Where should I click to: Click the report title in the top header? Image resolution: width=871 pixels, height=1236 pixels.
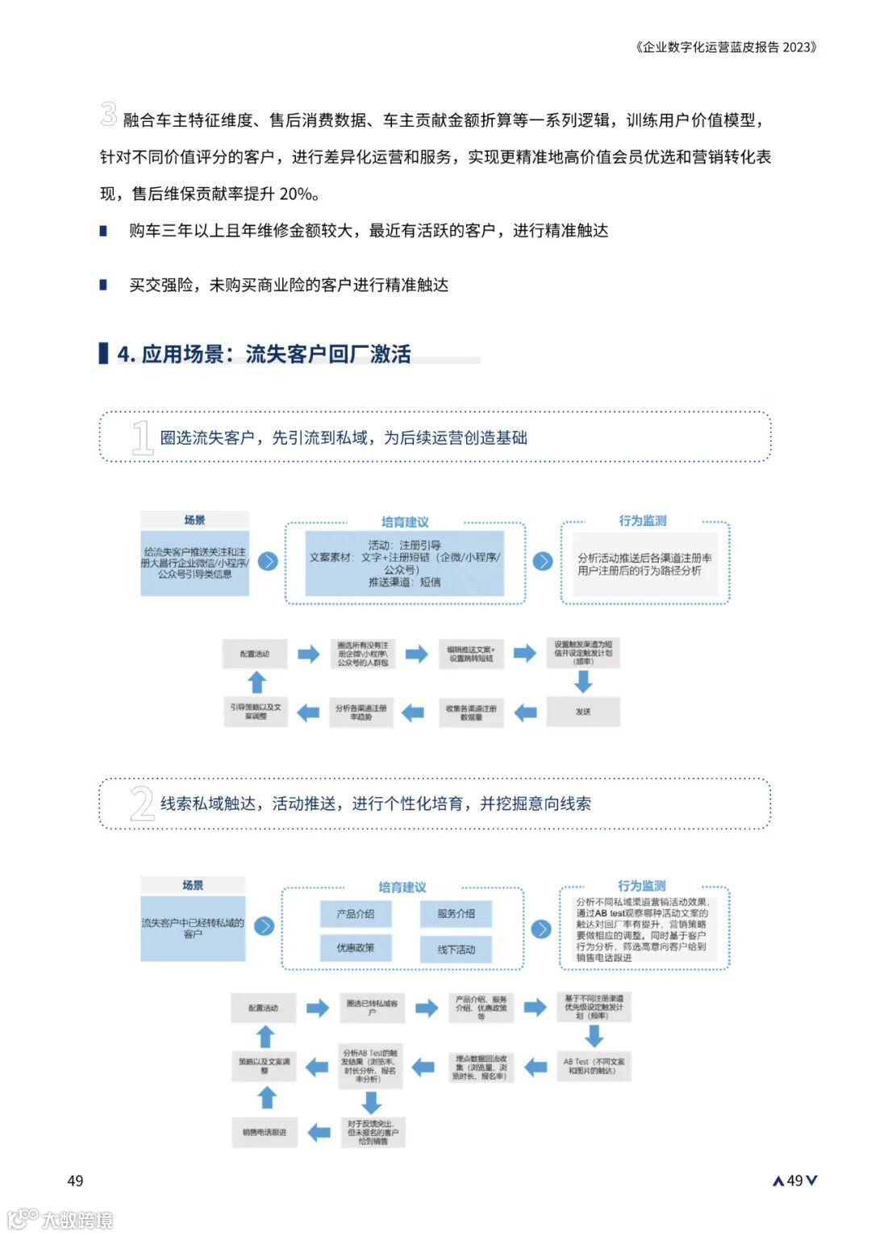726,47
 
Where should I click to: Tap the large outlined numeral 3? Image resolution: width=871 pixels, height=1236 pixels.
108,114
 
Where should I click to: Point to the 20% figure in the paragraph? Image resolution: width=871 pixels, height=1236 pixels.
295,194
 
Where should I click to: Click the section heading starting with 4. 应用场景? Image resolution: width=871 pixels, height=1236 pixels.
265,354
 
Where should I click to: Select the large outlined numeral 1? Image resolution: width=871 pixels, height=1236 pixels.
142,438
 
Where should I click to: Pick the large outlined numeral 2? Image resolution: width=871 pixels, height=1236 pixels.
142,804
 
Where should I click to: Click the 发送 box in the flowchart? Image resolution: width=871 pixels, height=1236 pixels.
583,712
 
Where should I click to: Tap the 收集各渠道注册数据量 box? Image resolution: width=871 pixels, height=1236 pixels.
471,712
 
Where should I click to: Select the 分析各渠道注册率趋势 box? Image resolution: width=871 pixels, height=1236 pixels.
360,712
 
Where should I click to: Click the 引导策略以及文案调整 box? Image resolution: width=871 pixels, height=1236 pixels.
256,712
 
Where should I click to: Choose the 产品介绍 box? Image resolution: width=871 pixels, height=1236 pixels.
356,914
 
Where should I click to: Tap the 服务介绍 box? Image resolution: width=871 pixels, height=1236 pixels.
456,914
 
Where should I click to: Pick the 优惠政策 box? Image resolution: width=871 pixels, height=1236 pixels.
356,948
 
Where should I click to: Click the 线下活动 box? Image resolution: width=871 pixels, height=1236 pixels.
456,950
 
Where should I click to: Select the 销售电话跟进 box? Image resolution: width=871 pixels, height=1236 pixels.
265,1132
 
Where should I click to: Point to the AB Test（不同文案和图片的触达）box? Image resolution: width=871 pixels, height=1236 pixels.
594,1066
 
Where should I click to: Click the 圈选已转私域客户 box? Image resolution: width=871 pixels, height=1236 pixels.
372,1008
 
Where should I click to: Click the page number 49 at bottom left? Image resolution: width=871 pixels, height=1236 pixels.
75,1181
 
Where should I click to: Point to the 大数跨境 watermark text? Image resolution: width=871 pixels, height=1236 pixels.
77,1219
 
